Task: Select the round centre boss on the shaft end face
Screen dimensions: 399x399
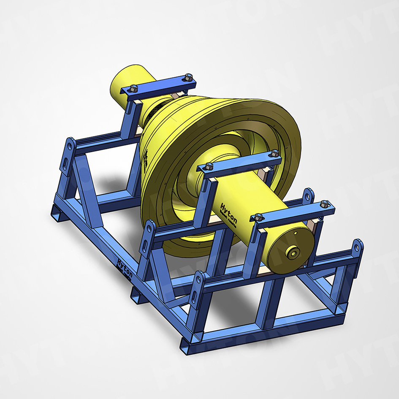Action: click(x=292, y=252)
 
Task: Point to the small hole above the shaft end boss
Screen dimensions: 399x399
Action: click(x=297, y=232)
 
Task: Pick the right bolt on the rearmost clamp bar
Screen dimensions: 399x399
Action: click(x=188, y=78)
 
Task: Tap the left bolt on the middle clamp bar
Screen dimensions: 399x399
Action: click(x=209, y=166)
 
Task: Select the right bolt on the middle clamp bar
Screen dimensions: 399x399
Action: click(x=275, y=154)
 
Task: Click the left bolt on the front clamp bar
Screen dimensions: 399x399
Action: click(x=258, y=217)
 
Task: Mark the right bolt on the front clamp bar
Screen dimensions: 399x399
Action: click(x=324, y=204)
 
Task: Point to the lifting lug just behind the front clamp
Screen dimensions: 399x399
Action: click(x=309, y=196)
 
